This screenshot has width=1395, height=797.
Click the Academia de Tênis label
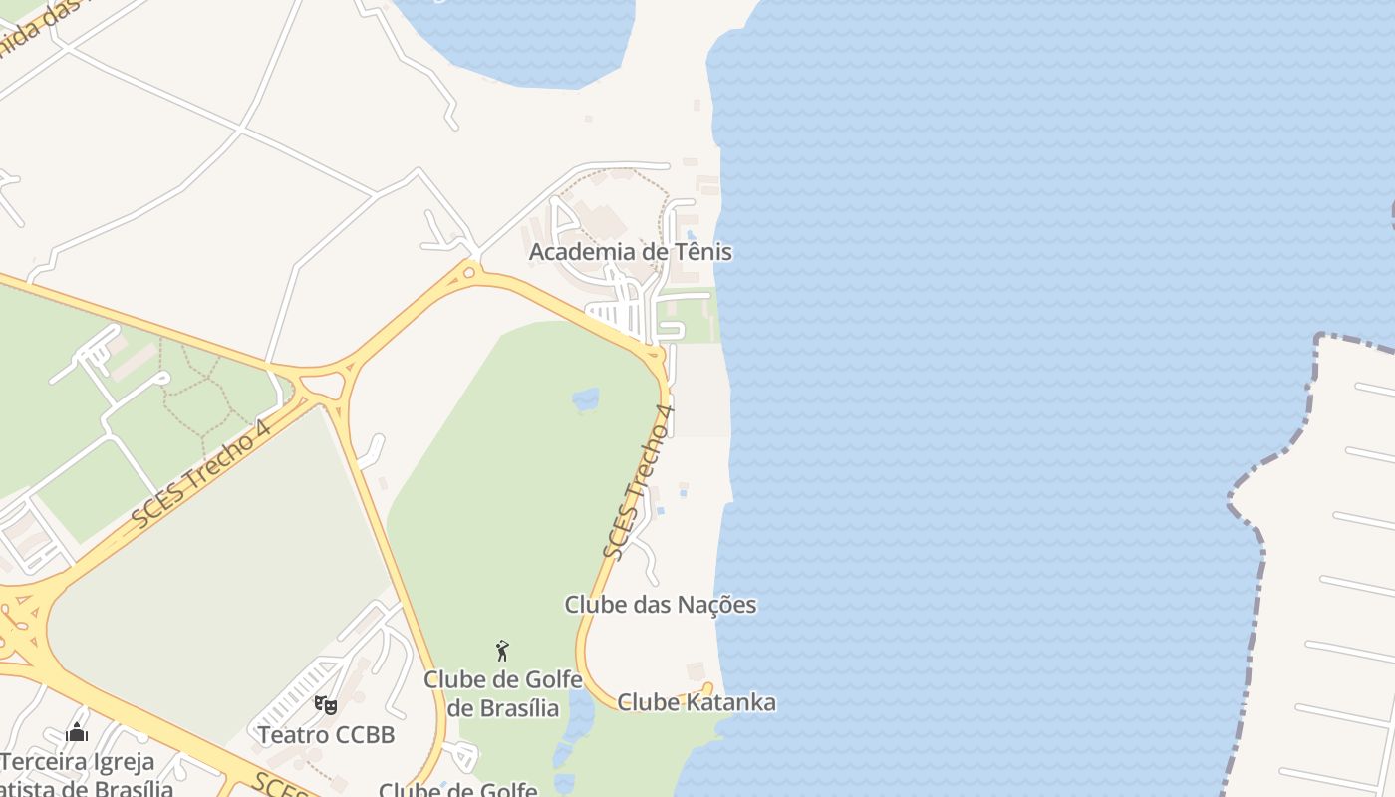[x=630, y=252]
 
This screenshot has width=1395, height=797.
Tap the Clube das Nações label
[x=660, y=605]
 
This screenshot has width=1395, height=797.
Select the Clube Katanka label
[x=696, y=702]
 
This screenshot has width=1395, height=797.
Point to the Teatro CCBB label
[x=326, y=735]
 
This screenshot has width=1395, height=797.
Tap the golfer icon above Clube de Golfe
[x=502, y=652]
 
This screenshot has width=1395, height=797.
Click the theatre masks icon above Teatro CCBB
[x=325, y=705]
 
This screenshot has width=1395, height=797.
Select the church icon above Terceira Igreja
[x=77, y=733]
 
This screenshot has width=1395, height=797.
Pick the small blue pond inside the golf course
[x=586, y=399]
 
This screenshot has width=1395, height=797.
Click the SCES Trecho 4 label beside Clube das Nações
[x=640, y=481]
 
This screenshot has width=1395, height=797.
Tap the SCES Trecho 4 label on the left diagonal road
[x=201, y=474]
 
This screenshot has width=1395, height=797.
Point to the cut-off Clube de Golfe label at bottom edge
[x=457, y=790]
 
